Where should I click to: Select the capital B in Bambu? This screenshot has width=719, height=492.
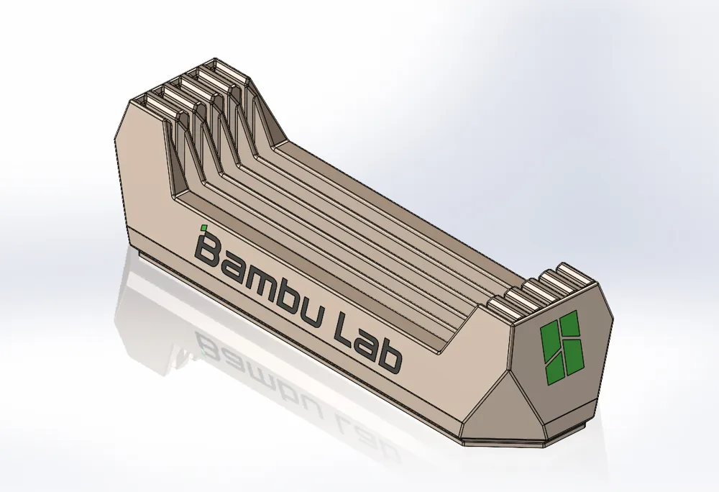coord(209,249)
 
